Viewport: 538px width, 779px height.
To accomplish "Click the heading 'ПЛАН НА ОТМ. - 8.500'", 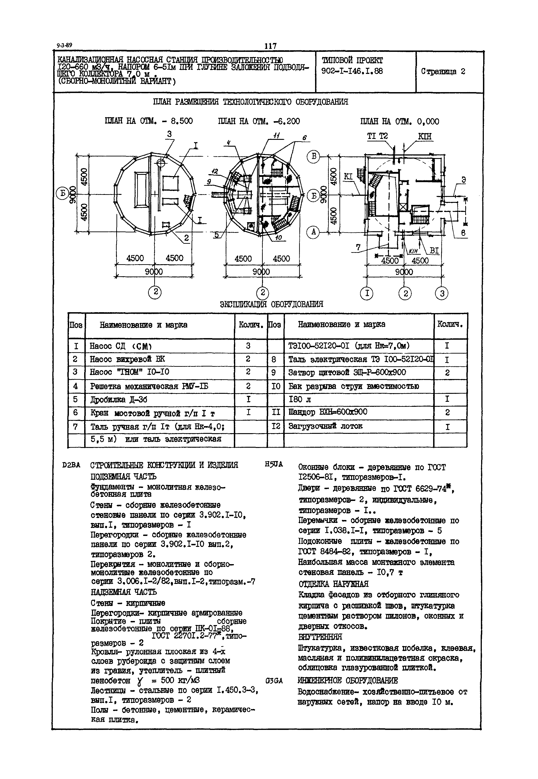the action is [149, 121].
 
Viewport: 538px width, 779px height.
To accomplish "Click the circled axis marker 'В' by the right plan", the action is [313, 156].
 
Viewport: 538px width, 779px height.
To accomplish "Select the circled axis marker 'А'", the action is [313, 232].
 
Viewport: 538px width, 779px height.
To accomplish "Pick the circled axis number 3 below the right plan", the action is [442, 294].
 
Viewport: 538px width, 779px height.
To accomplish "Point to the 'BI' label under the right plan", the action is [434, 250].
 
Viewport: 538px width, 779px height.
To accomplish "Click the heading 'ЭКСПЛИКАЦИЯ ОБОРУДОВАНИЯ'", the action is [271, 304].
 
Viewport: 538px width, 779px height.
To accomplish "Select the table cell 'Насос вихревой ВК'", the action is [127, 359].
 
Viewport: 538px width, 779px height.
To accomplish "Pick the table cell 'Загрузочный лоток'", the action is [325, 426].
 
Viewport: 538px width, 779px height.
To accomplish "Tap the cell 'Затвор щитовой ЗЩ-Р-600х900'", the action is [347, 373].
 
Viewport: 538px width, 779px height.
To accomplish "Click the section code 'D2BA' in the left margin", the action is [71, 465].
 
